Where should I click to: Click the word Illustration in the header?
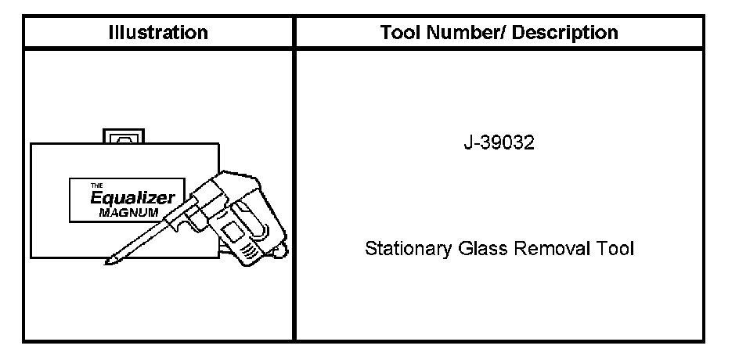(158, 33)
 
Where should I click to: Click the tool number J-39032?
(499, 142)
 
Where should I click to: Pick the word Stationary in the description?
(408, 248)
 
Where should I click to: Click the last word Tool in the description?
(615, 248)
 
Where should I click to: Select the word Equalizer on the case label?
(132, 198)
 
